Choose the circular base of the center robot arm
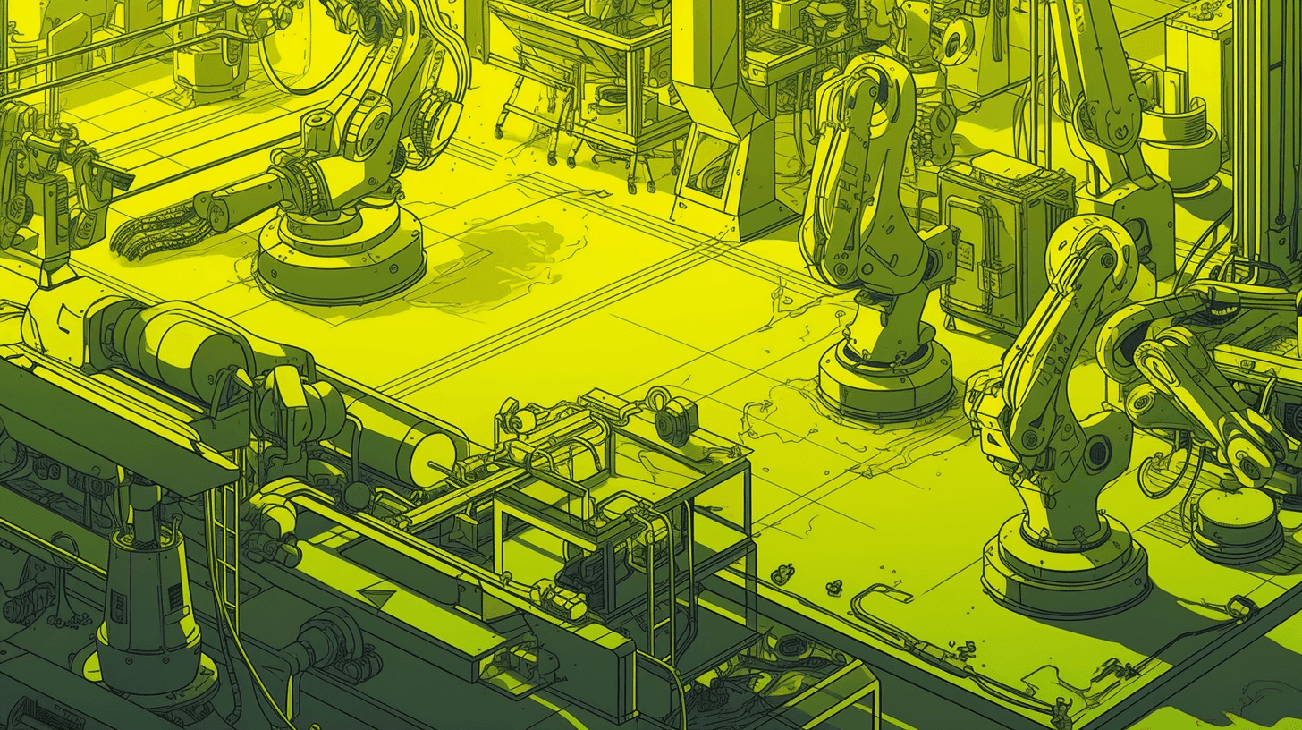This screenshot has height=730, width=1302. pos(885,380)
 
